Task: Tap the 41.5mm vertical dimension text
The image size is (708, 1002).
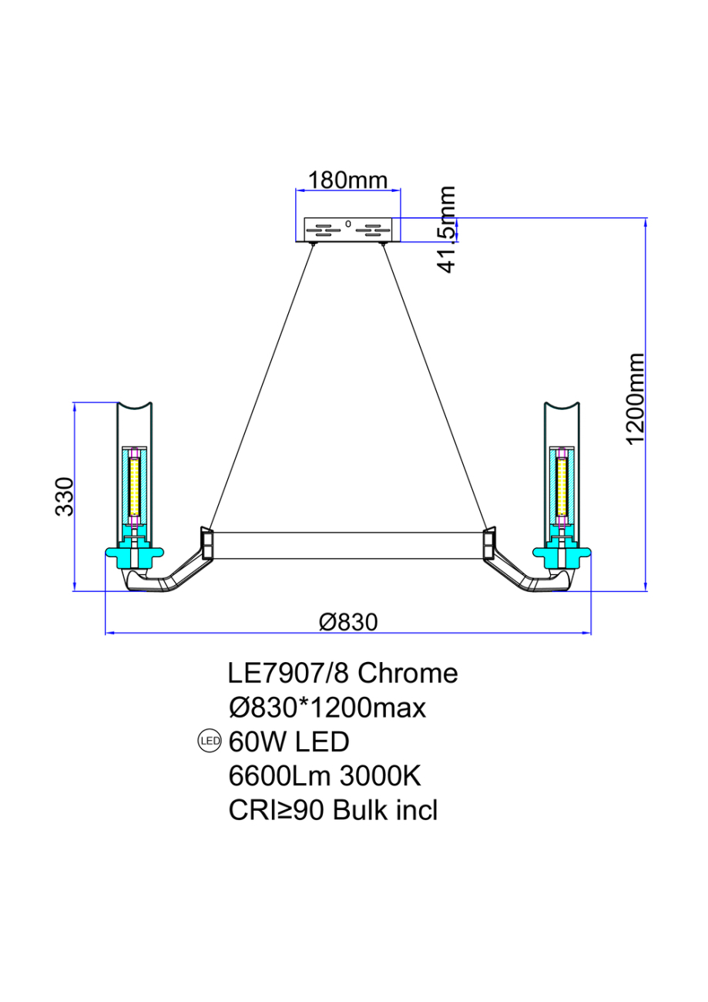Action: tap(446, 230)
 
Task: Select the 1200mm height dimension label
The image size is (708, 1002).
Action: tap(635, 398)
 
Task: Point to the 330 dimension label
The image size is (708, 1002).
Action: tap(65, 496)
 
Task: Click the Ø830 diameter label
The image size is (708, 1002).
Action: tap(348, 621)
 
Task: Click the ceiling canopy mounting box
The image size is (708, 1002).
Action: tap(348, 230)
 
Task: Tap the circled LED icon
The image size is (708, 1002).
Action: tap(210, 742)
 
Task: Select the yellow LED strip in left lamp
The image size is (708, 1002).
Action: tap(134, 487)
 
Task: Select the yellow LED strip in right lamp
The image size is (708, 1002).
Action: tap(562, 487)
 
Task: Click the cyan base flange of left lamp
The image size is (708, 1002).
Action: tap(134, 553)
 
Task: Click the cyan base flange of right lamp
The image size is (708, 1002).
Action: tap(562, 553)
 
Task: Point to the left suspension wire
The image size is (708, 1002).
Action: tap(262, 385)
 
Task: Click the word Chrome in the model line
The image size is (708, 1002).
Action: tap(408, 674)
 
